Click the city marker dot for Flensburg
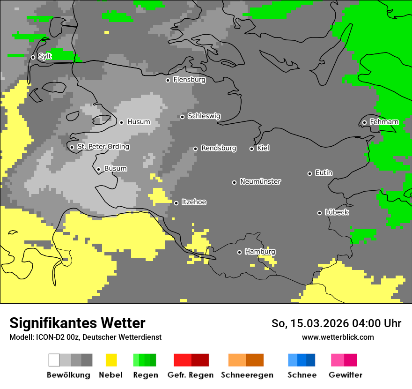click(168, 80)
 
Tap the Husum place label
click(139, 122)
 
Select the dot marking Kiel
click(251, 149)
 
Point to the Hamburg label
click(260, 252)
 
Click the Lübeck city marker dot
click(319, 213)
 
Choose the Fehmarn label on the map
click(384, 122)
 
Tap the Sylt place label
click(45, 56)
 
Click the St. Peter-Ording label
click(103, 147)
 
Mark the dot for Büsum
click(98, 169)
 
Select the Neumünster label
click(260, 181)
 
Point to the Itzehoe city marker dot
click(176, 203)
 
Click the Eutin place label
click(324, 173)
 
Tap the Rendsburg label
click(219, 148)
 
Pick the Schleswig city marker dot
click(182, 117)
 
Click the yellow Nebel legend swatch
click(111, 360)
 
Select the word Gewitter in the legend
click(346, 375)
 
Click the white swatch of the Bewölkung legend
click(54, 360)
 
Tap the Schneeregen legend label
click(247, 375)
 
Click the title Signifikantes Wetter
click(77, 323)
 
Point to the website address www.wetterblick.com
click(338, 337)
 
